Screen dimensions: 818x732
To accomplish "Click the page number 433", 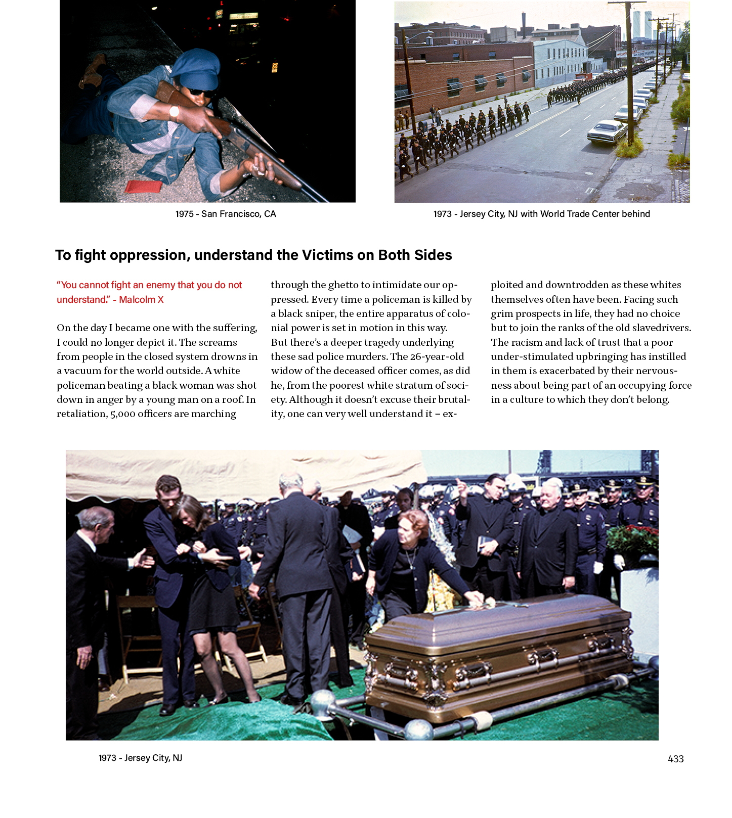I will (675, 758).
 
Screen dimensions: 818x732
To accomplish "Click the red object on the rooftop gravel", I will (143, 187).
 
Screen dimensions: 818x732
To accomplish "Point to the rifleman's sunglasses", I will (201, 93).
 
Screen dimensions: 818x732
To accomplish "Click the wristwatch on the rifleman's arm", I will (174, 112).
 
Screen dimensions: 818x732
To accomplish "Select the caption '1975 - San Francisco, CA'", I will (226, 214).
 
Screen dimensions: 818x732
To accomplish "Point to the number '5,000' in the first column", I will (123, 414).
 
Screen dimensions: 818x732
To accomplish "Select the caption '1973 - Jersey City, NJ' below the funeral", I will (140, 758).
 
